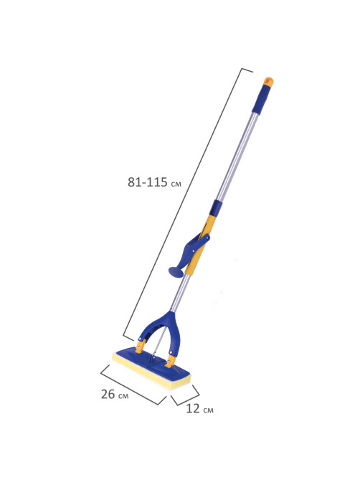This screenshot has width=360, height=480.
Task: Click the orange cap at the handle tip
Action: point(268,81)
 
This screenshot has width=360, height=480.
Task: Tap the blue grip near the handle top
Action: point(262,99)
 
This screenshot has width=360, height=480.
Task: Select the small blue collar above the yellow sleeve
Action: point(217,207)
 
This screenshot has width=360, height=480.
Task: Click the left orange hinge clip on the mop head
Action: point(140,347)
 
